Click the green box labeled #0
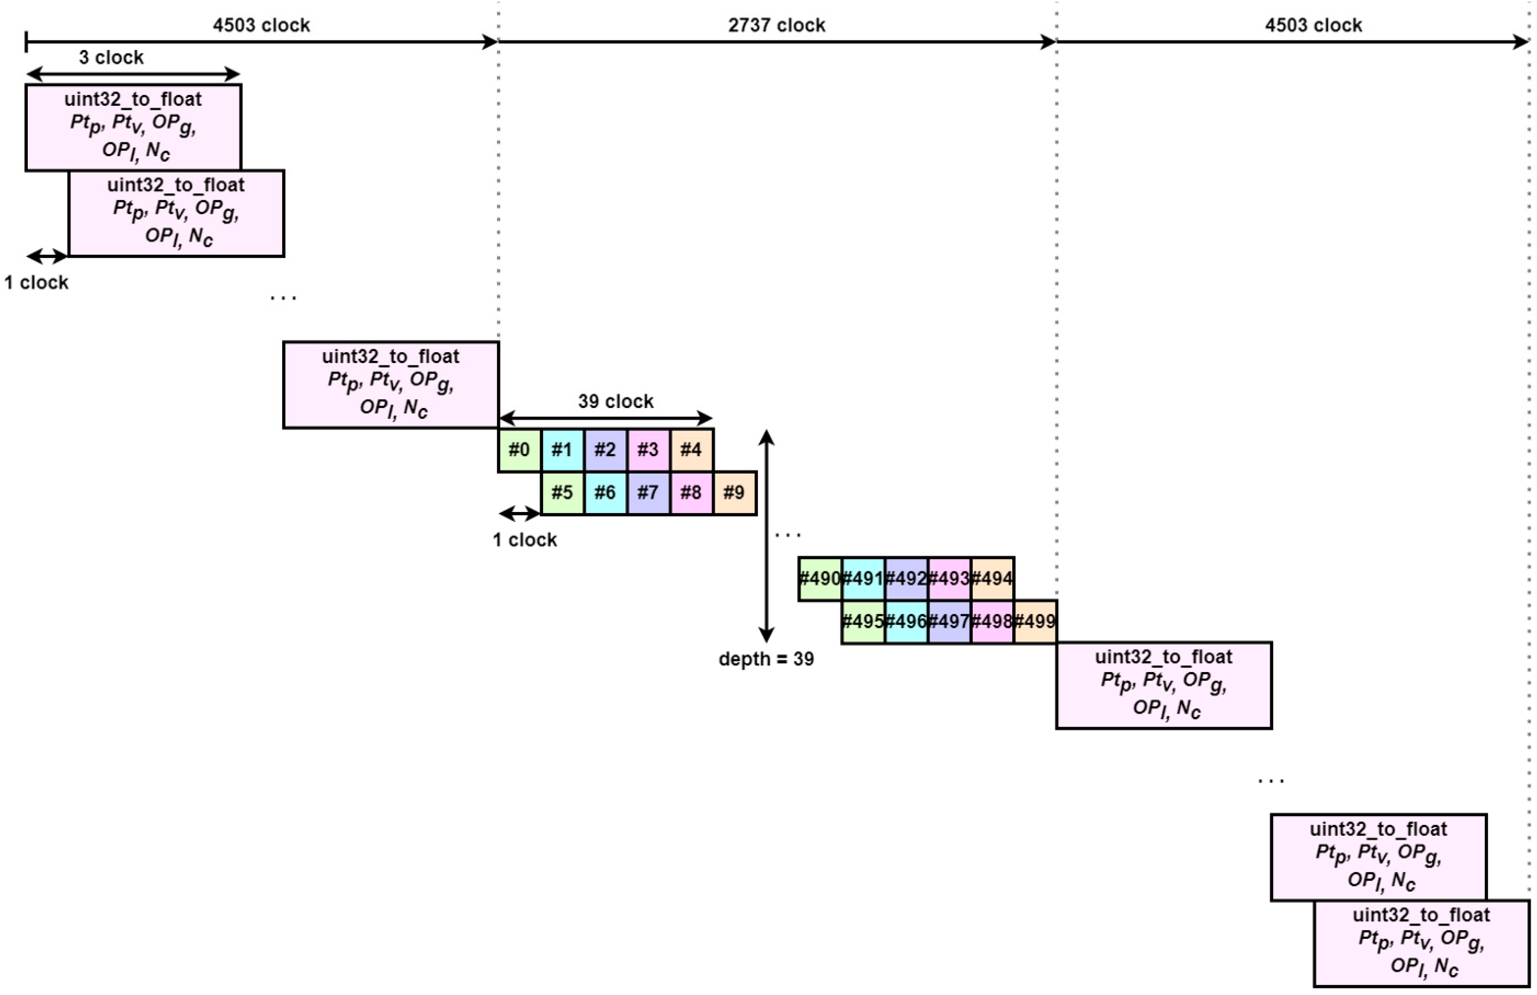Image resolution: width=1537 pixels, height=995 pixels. tap(519, 450)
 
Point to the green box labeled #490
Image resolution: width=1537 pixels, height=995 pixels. tap(820, 579)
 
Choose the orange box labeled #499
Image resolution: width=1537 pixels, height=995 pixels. tap(1035, 622)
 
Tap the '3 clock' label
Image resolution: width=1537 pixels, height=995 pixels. tap(111, 58)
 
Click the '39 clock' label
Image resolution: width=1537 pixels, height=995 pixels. tap(616, 401)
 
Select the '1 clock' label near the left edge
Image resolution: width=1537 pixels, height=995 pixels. tap(36, 283)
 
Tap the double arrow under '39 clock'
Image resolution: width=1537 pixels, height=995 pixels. tap(606, 419)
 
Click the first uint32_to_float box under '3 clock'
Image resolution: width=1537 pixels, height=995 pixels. tap(133, 127)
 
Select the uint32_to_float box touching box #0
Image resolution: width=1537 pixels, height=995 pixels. tap(391, 385)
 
